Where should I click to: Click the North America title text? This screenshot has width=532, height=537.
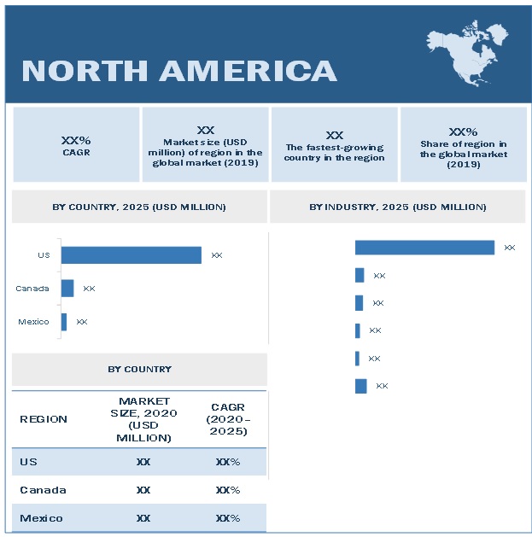178,70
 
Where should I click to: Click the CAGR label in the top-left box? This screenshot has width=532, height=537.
76,153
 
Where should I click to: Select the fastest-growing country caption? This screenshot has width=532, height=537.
335,153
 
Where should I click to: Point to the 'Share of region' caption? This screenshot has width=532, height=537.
463,154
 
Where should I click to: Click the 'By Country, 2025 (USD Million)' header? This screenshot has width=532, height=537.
139,207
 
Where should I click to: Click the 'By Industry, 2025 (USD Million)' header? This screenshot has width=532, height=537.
398,207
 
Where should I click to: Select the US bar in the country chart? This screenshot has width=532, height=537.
131,255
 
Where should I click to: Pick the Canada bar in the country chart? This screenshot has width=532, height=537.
67,289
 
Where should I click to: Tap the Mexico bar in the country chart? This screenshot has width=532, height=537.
64,322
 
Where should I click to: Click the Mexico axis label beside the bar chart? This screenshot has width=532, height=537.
33,322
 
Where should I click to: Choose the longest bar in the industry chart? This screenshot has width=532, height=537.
424,248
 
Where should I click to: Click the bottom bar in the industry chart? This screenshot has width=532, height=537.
361,386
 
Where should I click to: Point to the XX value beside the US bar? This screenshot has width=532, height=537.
217,255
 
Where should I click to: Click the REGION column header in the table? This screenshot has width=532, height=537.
44,419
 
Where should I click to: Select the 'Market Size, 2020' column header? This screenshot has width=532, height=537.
144,418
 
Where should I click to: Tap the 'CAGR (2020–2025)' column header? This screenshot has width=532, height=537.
228,418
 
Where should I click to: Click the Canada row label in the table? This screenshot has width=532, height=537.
44,490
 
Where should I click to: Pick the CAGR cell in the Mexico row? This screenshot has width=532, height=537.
228,518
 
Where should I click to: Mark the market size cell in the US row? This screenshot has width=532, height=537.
143,462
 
